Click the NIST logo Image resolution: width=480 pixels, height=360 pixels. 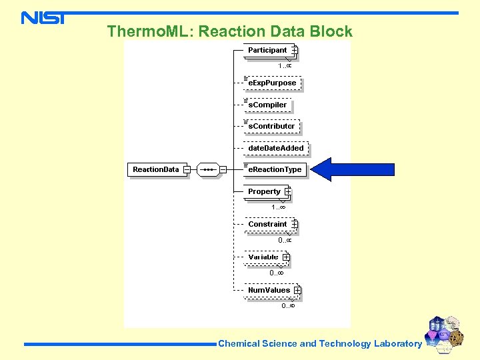coord(43,18)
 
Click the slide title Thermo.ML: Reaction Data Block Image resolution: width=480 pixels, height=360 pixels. coord(229,31)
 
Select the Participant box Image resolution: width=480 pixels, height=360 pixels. coord(267,50)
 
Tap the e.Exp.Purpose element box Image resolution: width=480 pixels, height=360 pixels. coord(272,83)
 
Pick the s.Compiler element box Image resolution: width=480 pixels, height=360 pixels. coord(267,105)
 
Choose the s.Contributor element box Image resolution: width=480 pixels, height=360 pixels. coord(271,126)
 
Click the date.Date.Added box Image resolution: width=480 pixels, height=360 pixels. coord(275,148)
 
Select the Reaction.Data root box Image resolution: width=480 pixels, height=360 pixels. coord(156,169)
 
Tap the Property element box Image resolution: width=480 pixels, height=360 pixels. coord(265,191)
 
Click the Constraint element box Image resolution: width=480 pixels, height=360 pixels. coord(267,224)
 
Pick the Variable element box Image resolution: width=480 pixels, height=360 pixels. coord(263,257)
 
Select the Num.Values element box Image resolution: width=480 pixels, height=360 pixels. coord(269,290)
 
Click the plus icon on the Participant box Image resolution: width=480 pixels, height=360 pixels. coord(294,50)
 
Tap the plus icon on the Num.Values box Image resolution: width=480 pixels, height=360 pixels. coord(297,290)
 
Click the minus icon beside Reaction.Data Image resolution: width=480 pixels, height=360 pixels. coord(187,169)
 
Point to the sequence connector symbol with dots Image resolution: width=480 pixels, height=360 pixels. coord(209,169)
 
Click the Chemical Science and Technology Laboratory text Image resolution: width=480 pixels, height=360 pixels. coord(320,344)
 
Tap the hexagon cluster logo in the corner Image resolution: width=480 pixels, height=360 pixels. coord(445,333)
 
